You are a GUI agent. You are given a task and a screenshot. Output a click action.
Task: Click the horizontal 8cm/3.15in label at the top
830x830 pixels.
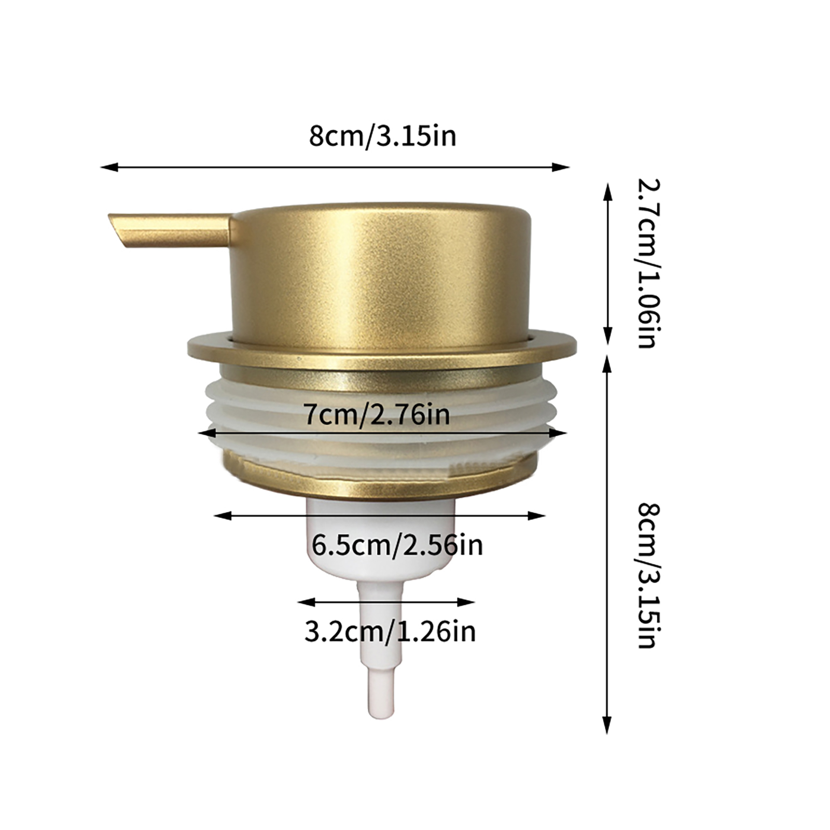382,136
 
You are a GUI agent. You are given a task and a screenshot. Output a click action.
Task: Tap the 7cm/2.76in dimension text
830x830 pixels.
377,415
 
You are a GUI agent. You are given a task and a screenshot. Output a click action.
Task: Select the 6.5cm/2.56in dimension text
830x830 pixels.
397,545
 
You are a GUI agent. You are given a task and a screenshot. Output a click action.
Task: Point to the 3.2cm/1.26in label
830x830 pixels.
390,632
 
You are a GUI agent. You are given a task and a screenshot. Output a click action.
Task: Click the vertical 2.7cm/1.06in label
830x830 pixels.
648,263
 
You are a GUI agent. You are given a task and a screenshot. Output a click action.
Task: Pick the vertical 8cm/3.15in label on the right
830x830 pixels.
648,575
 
